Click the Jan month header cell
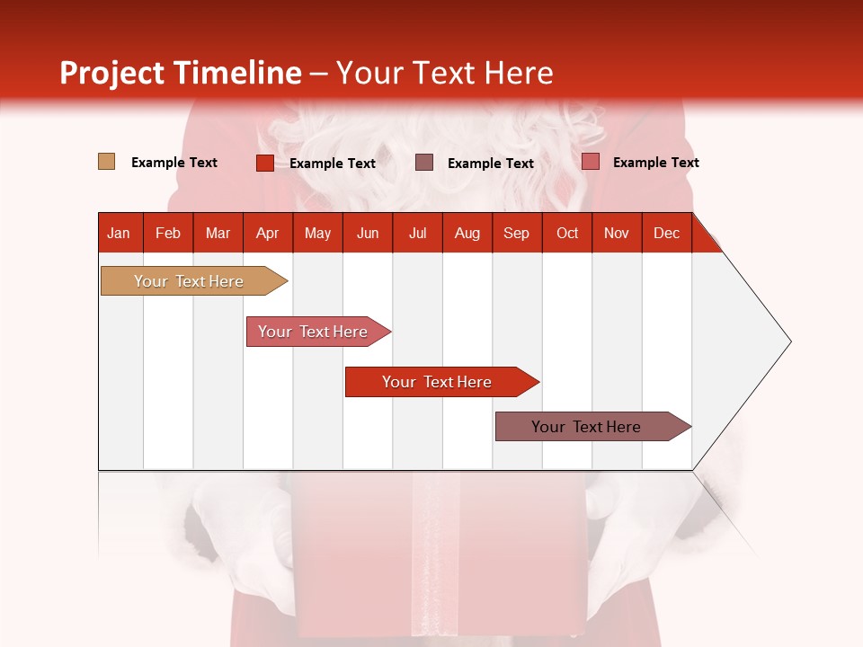tap(120, 233)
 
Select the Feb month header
tap(168, 233)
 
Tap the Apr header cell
tap(268, 233)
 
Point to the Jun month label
tap(368, 233)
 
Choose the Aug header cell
tap(467, 233)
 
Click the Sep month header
tap(517, 233)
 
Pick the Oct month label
tap(567, 233)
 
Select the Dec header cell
tap(667, 233)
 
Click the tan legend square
tap(106, 162)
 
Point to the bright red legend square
tap(264, 163)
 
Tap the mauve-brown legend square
tap(424, 163)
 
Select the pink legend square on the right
tap(590, 162)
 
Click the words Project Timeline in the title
tap(181, 73)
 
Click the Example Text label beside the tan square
tap(174, 163)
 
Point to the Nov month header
tap(617, 233)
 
